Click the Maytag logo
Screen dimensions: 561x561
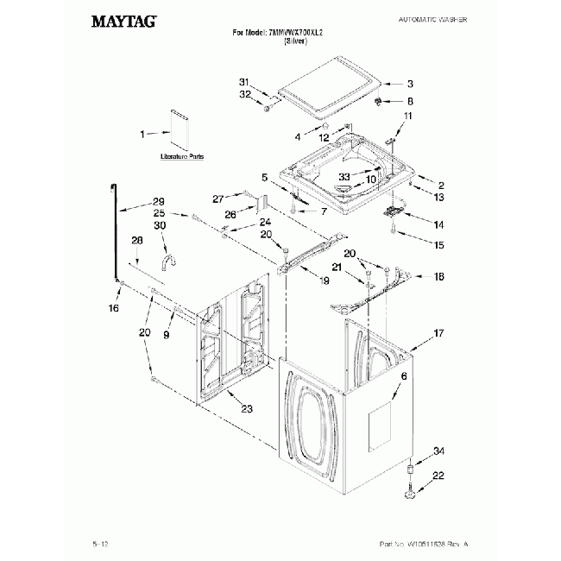(123, 22)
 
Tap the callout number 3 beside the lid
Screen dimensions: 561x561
(410, 84)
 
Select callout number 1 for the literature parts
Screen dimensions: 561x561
(144, 134)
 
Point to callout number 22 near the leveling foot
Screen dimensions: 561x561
(438, 476)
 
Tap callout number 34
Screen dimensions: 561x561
(438, 451)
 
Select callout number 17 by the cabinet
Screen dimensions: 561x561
(438, 332)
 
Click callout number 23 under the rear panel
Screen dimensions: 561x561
(247, 408)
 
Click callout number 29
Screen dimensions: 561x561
(158, 202)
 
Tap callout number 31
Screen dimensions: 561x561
(243, 82)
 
